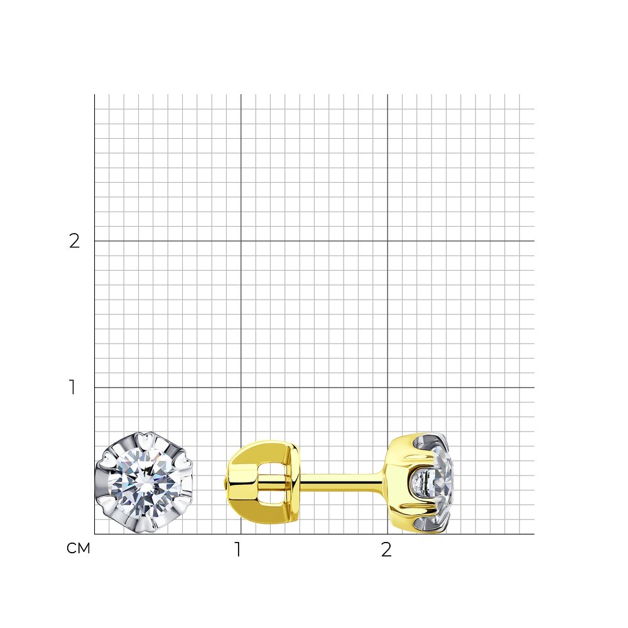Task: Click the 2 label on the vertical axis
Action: click(75, 241)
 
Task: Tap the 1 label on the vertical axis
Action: click(72, 387)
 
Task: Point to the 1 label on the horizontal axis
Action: click(238, 549)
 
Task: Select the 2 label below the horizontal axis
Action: click(386, 549)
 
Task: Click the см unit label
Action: click(78, 548)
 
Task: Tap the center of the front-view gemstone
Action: click(143, 482)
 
